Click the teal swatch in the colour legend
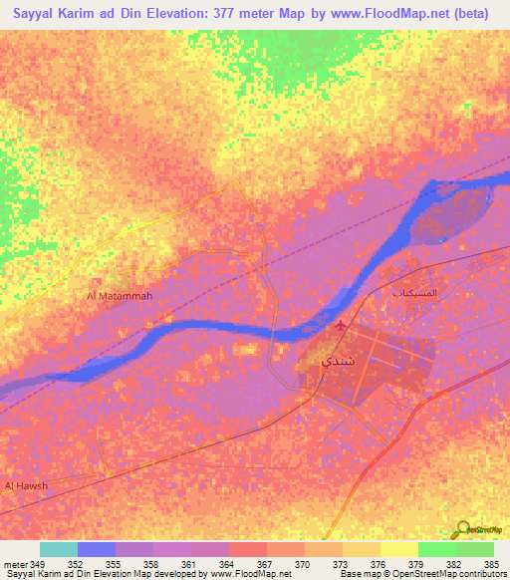point(59,548)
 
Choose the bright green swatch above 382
point(437,548)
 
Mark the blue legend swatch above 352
point(97,548)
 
